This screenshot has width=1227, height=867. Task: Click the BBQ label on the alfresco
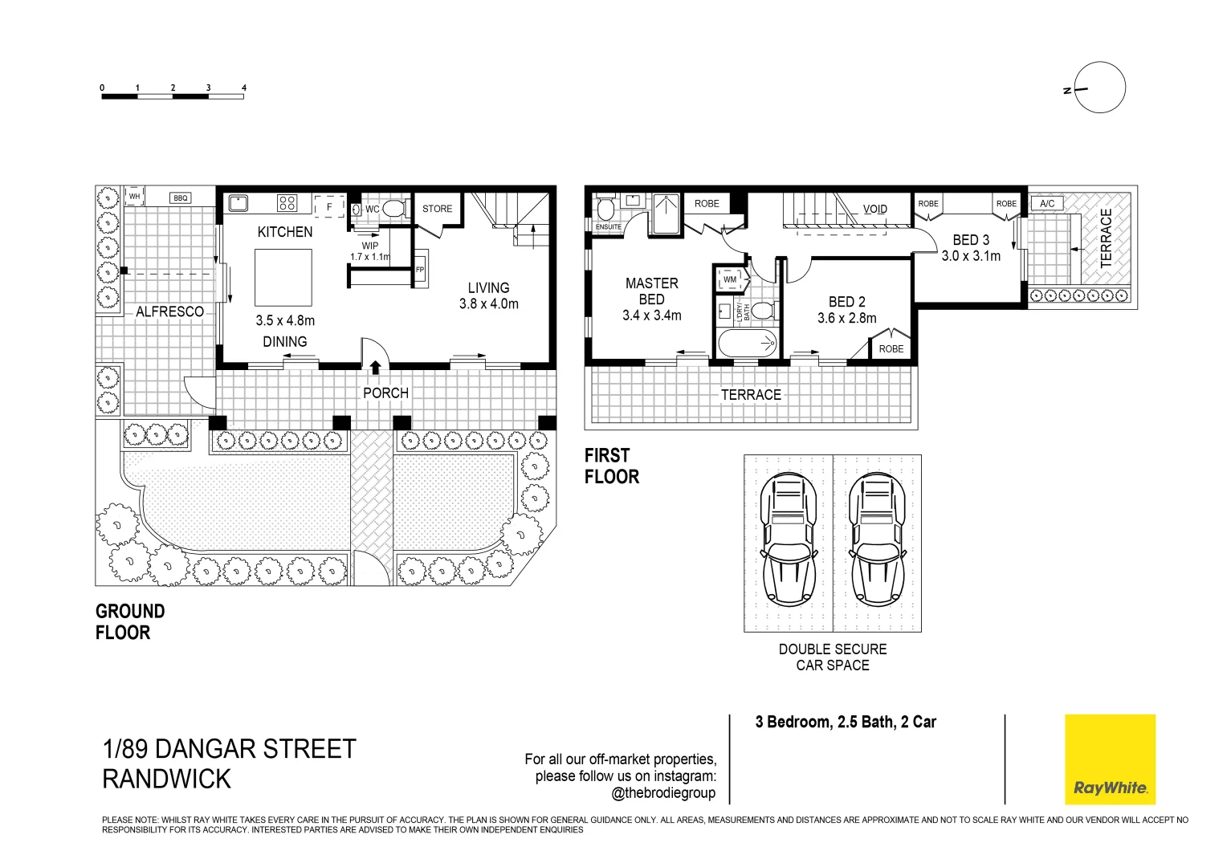coord(180,198)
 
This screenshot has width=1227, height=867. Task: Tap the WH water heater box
coord(135,196)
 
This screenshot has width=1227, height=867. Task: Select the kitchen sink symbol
coord(238,203)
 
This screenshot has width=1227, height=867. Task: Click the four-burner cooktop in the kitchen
coord(287,203)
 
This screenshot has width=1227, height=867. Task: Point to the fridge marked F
coord(330,206)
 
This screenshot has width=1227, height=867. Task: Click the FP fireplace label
coord(420,270)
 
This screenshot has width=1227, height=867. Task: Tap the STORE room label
coord(437,209)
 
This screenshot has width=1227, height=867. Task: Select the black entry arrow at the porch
coord(376,368)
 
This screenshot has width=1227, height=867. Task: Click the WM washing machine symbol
coord(731,279)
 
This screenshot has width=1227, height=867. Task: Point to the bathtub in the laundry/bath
coord(747,344)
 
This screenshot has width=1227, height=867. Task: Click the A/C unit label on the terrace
coord(1047,204)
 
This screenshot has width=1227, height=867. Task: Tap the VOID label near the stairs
coord(874,210)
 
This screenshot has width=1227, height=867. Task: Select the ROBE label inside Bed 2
coord(891,349)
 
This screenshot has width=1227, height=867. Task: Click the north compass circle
coord(1100,88)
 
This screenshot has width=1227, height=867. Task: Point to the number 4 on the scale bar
coord(244,88)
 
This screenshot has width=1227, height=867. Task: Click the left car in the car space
coord(789,539)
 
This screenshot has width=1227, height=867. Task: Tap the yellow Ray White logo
coord(1110,759)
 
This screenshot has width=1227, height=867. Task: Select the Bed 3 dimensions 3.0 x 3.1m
coord(971,256)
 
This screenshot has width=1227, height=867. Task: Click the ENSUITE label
coord(609,226)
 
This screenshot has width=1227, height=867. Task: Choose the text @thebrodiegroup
coord(663,793)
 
